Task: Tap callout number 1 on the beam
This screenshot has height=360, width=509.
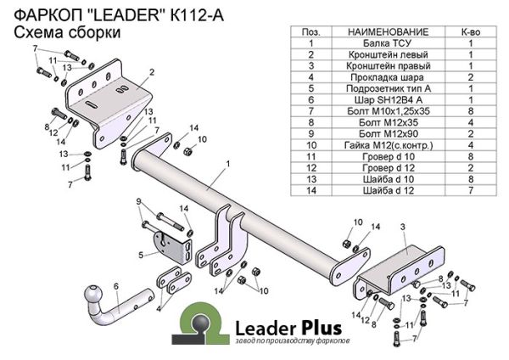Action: coord(228,163)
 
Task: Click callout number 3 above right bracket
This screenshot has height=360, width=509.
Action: coord(403,226)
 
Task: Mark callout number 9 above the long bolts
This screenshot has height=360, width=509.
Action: coord(137,200)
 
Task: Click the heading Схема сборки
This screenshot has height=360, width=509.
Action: coord(56,32)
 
